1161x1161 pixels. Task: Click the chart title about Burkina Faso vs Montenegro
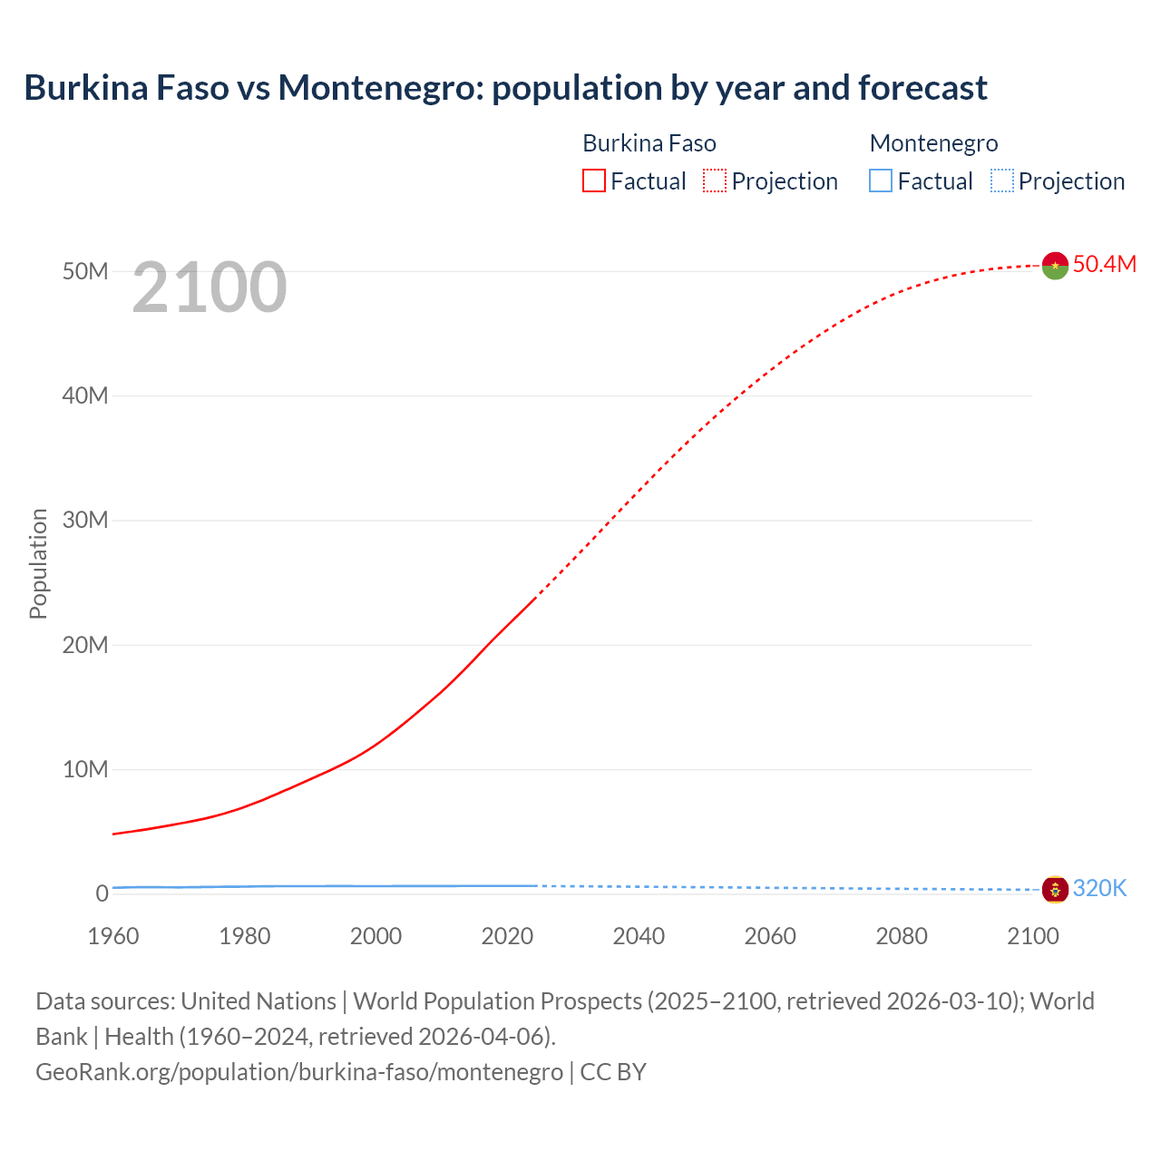[x=505, y=88]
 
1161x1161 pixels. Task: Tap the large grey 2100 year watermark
[x=210, y=288]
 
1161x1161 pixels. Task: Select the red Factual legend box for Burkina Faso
[x=593, y=181]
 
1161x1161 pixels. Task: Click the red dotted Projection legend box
[x=715, y=181]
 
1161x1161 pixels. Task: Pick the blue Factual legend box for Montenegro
[x=881, y=181]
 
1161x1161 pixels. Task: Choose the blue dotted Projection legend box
[x=1002, y=181]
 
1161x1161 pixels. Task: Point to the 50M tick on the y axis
[x=85, y=271]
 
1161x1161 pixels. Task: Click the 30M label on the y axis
[x=85, y=520]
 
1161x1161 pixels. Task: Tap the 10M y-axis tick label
[x=85, y=769]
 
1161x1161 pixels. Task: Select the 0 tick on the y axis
[x=102, y=893]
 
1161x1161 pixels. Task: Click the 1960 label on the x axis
[x=113, y=936]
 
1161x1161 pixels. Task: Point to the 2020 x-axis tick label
[x=507, y=936]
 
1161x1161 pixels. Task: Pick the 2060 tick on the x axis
[x=770, y=936]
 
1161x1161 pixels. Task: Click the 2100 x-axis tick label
[x=1032, y=936]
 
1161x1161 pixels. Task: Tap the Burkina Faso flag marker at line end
[x=1055, y=265]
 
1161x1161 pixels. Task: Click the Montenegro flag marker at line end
[x=1055, y=890]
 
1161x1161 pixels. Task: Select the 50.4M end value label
[x=1104, y=264]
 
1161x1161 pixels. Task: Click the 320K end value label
[x=1099, y=888]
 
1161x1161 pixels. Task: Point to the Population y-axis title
[x=38, y=563]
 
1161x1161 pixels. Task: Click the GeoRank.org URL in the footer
[x=299, y=1071]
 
